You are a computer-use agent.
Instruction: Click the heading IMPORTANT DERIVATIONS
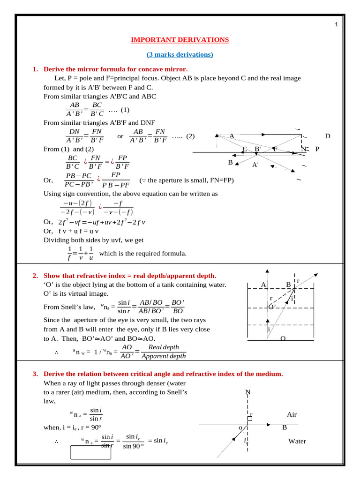point(180,40)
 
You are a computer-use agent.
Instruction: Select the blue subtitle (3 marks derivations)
point(180,55)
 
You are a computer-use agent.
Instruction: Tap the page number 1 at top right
point(336,25)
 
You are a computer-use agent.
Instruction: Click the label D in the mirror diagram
point(328,136)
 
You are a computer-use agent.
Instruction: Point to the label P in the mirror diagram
point(317,149)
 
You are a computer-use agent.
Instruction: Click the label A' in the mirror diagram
point(255,165)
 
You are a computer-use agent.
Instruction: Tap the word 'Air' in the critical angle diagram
point(292,414)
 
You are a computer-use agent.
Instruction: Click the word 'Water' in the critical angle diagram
point(297,441)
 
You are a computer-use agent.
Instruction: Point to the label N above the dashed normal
point(248,392)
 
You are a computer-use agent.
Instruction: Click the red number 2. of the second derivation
point(35,276)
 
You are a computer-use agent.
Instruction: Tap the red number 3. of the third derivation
point(35,374)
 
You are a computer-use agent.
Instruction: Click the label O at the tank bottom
point(283,338)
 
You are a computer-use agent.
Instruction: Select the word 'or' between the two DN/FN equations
point(120,136)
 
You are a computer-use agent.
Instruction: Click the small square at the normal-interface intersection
point(250,418)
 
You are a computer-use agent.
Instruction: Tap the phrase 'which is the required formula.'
point(143,254)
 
